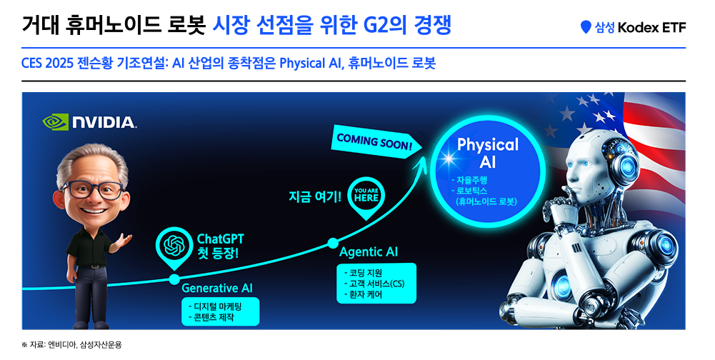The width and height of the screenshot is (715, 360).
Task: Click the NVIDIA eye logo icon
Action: [x=56, y=121]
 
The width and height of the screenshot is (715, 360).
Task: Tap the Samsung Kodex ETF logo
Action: [x=633, y=28]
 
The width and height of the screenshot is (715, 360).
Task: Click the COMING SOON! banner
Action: [x=374, y=141]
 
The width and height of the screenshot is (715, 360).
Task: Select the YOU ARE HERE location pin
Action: [x=366, y=196]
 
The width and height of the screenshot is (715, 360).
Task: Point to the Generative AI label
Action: [x=217, y=288]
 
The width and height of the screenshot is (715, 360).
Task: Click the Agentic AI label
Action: [x=369, y=252]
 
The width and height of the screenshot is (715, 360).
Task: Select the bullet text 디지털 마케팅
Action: [x=218, y=306]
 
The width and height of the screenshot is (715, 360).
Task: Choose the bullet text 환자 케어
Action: [x=366, y=294]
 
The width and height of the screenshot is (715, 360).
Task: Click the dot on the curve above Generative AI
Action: [x=174, y=279]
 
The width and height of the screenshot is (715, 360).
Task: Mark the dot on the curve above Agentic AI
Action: [x=332, y=243]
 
